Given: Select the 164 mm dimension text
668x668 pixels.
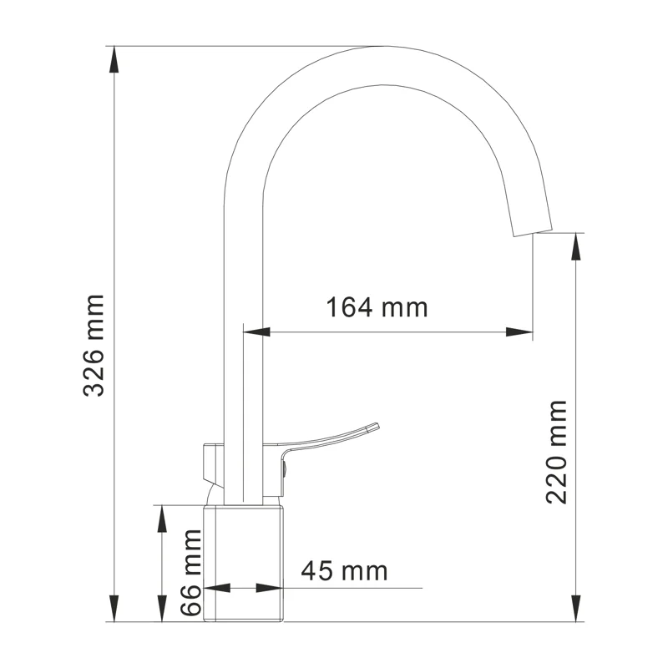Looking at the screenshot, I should coord(377,307).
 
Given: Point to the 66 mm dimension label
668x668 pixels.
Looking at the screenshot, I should coord(192,573).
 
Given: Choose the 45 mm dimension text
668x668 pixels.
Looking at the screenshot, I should coord(344,571).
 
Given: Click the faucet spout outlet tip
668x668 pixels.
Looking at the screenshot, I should coord(533,230).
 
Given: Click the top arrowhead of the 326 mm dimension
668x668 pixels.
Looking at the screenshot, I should coord(114,55).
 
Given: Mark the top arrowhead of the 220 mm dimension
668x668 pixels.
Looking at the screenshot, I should coord(575,242).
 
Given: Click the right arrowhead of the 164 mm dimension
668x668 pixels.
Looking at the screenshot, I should coord(523,332).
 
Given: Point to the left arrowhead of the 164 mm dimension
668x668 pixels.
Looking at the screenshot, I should coord(254,332).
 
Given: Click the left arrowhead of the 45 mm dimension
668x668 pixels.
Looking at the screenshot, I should coord(215,588).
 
